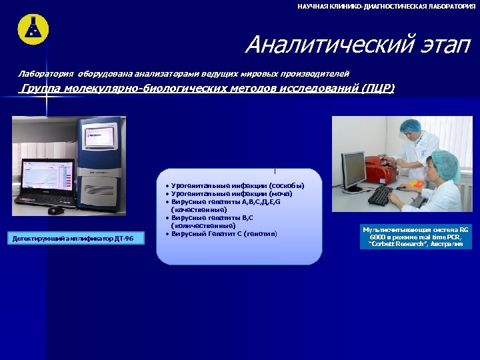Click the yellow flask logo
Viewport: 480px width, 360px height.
33,28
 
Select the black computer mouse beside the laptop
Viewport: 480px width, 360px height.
56,210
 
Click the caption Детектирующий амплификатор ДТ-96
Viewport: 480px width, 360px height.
73,238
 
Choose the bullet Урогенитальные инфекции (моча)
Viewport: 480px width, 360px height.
227,193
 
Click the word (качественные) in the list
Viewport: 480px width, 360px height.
199,209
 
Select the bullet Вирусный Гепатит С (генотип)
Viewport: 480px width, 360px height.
223,234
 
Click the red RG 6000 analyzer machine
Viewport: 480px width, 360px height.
381,169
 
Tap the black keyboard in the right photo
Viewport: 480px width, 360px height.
380,195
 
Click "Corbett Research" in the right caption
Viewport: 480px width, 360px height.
393,244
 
